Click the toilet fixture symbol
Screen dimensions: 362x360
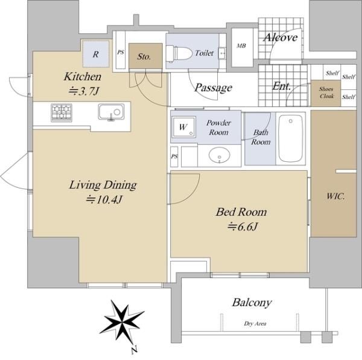(x=179, y=54)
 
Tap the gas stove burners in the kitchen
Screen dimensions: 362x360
(x=62, y=112)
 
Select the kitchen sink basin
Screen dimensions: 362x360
(x=111, y=112)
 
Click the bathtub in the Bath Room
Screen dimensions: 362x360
(x=291, y=138)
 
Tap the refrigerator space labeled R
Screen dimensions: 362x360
(x=95, y=54)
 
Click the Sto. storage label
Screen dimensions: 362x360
(x=144, y=56)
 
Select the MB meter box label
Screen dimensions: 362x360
(x=241, y=46)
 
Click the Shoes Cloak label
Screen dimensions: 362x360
(x=326, y=92)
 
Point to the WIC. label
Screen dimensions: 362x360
(x=335, y=196)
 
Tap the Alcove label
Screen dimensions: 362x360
(x=281, y=37)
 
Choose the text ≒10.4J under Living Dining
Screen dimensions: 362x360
(x=104, y=199)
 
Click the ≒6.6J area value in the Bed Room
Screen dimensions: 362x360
(x=242, y=227)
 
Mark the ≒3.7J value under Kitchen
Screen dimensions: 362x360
(x=84, y=91)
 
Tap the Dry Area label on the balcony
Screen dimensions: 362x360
(x=255, y=324)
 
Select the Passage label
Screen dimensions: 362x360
(x=214, y=88)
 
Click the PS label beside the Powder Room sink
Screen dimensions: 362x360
(x=174, y=156)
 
